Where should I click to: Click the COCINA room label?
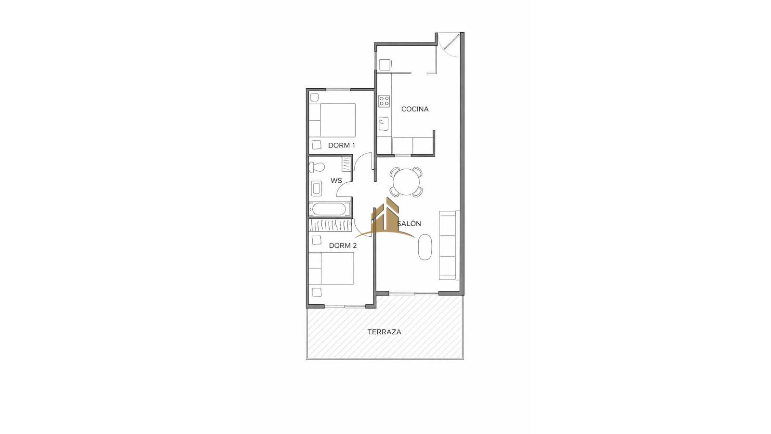415,109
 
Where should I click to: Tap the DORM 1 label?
342,145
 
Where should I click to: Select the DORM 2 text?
343,245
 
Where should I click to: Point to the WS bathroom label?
336,180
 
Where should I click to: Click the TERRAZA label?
384,332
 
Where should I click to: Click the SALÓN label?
409,224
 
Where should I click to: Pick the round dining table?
407,182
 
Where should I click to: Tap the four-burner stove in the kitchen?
384,101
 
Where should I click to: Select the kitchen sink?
384,124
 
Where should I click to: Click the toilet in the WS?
317,167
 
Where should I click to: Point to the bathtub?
330,209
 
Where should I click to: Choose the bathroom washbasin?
316,189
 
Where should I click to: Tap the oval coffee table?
425,247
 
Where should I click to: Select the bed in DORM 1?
332,120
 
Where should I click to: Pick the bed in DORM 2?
331,268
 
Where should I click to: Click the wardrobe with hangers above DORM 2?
330,225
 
